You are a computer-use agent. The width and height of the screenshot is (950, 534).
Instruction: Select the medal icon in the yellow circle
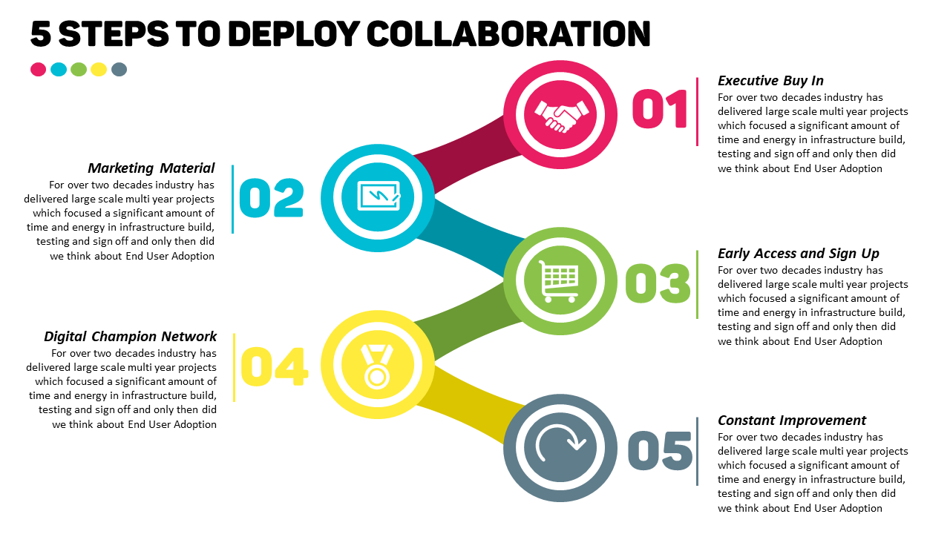[378, 366]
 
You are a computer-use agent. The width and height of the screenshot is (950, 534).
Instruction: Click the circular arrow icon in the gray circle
[560, 449]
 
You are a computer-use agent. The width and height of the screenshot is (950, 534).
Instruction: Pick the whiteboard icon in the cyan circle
[379, 197]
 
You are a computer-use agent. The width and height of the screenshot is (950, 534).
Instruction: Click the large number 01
[660, 110]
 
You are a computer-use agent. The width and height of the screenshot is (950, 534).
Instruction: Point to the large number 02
[272, 198]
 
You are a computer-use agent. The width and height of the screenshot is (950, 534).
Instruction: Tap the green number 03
[658, 283]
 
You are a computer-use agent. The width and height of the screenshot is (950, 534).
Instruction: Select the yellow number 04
[274, 367]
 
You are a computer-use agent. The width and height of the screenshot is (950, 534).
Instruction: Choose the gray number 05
[660, 450]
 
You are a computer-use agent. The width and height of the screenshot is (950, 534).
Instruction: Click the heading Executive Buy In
[770, 81]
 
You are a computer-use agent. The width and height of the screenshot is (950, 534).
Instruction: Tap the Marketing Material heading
[151, 168]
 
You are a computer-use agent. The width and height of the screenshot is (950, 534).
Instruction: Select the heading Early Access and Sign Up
[798, 254]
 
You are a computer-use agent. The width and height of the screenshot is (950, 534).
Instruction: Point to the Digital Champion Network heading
[131, 337]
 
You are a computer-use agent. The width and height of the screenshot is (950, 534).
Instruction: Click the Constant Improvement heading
[792, 421]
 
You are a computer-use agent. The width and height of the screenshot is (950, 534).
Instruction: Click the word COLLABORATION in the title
[509, 33]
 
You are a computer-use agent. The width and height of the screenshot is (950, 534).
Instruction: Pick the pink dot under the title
[39, 70]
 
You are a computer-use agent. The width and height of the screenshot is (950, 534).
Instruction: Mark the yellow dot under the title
[99, 70]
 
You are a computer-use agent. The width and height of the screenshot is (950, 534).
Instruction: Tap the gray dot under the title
[119, 70]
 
